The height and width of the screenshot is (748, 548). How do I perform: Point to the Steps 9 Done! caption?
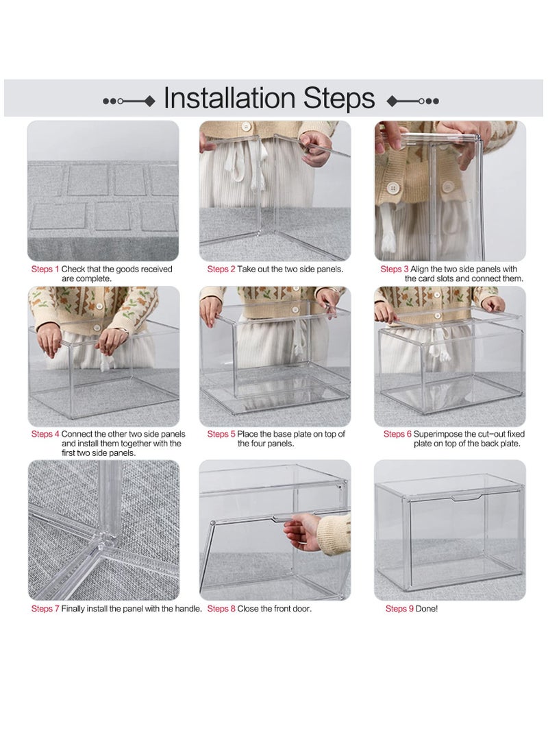[412, 608]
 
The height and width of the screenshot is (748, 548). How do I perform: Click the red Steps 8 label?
[221, 608]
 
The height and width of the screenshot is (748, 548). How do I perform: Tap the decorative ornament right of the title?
[412, 101]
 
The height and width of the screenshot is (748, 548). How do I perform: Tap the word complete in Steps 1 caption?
[95, 279]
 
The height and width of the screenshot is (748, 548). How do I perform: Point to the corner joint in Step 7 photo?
[103, 542]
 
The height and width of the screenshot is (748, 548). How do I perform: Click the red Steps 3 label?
[391, 269]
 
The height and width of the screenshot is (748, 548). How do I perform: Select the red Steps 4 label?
[45, 434]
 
